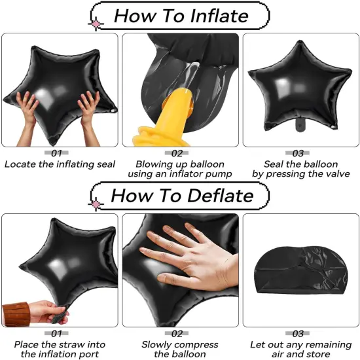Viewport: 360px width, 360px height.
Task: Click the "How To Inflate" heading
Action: (x=181, y=15)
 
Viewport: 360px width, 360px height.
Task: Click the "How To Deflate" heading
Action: (x=181, y=195)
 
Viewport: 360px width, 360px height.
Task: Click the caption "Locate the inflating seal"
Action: (x=60, y=164)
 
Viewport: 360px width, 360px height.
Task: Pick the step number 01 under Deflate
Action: (x=60, y=333)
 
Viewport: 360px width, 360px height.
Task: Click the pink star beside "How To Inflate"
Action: (x=97, y=24)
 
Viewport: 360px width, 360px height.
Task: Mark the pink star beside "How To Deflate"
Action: (x=97, y=204)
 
